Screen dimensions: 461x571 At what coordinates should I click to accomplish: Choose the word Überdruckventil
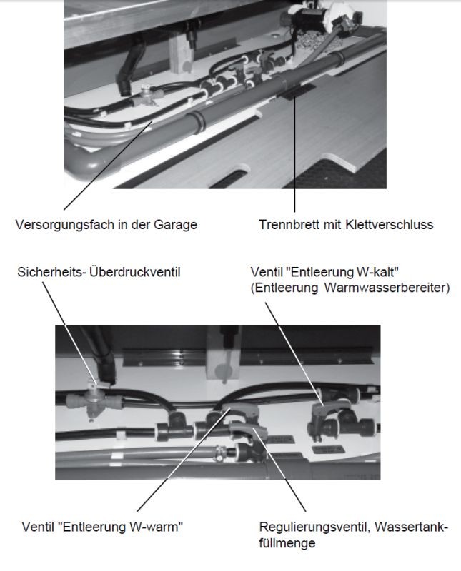point(134,272)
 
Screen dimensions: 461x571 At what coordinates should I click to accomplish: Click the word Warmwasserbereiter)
point(387,288)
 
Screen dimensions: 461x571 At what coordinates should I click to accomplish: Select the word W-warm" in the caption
point(156,527)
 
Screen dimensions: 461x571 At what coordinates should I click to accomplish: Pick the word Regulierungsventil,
point(314,527)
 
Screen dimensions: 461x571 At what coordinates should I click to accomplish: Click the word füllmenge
point(287,543)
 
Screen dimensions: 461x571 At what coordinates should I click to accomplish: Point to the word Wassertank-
point(411,527)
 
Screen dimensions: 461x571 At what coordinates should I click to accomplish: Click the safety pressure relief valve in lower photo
point(95,400)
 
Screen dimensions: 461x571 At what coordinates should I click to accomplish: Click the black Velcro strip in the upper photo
point(296,91)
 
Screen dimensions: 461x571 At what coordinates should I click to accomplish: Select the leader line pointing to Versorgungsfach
point(108,166)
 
